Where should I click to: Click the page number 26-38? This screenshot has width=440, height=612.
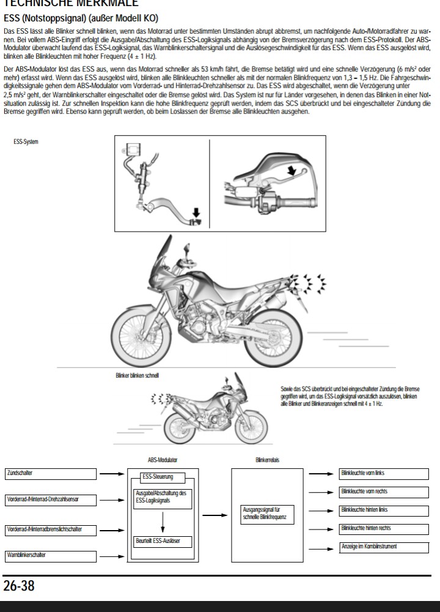19,586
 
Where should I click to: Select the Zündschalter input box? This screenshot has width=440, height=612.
51,474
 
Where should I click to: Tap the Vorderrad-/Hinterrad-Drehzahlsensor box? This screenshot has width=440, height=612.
51,500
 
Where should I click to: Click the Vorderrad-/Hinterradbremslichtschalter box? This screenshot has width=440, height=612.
51,529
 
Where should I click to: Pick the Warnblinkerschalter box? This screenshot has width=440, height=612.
51,555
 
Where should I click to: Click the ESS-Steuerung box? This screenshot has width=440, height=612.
158,476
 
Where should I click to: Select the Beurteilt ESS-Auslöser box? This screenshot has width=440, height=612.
162,541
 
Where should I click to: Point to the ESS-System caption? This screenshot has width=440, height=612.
26,142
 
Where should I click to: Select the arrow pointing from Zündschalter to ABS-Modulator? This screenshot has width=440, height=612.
111,473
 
